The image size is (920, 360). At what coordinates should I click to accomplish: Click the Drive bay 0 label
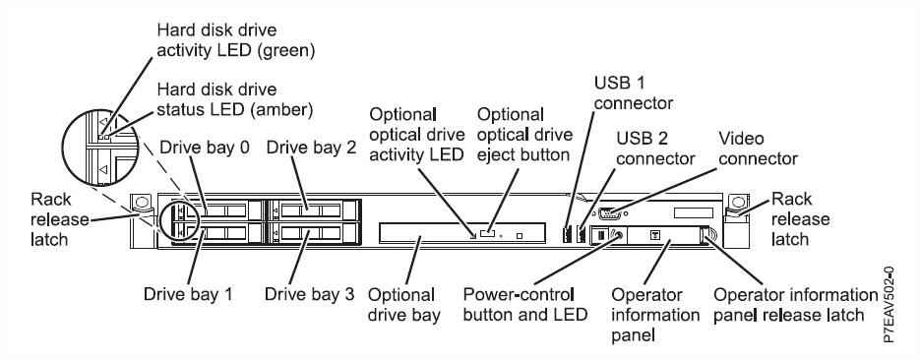click(x=205, y=148)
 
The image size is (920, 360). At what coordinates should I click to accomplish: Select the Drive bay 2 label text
click(x=311, y=148)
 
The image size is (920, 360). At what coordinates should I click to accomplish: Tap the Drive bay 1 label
click(x=188, y=293)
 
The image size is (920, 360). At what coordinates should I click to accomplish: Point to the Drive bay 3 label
click(x=309, y=293)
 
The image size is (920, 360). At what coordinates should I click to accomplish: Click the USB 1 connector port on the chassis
click(x=568, y=234)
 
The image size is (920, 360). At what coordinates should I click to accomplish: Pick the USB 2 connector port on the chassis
click(x=582, y=234)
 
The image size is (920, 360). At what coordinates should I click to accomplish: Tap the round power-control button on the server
click(x=616, y=236)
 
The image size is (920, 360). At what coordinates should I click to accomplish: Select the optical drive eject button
click(x=487, y=234)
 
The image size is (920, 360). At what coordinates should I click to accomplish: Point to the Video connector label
click(x=758, y=149)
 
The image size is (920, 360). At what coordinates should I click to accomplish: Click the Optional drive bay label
click(x=404, y=305)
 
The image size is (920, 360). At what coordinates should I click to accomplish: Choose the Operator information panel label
click(x=655, y=315)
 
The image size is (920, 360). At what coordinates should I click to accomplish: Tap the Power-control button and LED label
click(x=525, y=305)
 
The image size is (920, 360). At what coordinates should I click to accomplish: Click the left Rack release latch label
click(x=59, y=219)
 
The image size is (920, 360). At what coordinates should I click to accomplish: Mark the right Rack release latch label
click(x=800, y=219)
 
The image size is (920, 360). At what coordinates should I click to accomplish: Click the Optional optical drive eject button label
click(x=523, y=135)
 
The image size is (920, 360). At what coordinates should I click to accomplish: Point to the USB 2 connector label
click(x=655, y=149)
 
